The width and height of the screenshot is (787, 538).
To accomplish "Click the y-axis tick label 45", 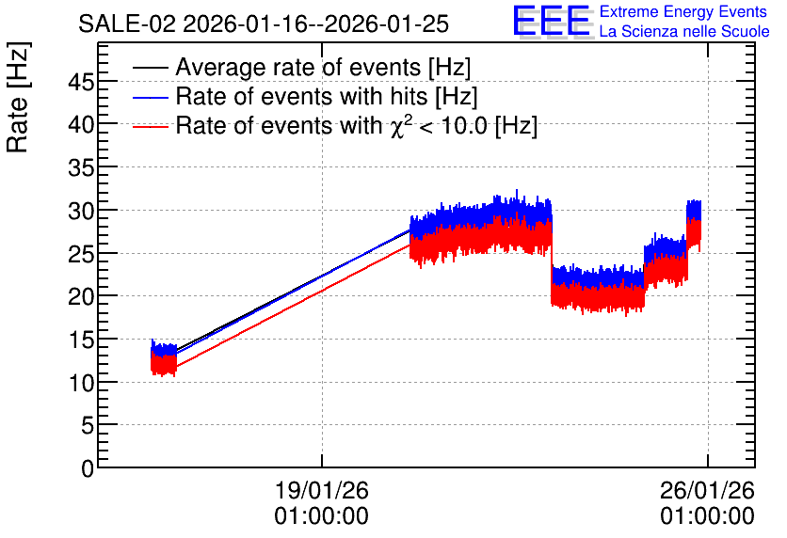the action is pos(81,82).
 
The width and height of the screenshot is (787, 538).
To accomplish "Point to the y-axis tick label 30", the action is pos(81,211).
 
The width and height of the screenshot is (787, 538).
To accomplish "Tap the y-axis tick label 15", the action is pos(81,340).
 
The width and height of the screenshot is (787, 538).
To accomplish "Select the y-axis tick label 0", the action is pos(88,468).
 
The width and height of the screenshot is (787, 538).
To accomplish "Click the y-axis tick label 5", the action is pos(88,426).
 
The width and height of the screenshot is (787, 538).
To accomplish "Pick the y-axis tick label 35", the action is pos(81,168).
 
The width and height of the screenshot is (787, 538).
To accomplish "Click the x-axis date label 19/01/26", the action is pos(322,490).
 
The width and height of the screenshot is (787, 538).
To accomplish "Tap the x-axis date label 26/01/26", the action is pos(707,490).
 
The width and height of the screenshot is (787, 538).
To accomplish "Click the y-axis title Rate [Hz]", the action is pos(18,97).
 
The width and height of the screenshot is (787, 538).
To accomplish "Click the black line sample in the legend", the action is pos(150,68).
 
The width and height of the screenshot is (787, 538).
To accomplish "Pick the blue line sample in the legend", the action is pos(150,97).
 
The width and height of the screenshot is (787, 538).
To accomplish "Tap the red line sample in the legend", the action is pos(150,126).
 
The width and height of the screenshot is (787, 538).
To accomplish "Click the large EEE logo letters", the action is pos(552,22).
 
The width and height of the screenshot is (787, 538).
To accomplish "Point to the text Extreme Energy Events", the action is pos(683,11).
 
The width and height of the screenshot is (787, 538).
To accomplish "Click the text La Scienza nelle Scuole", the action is pos(684,32).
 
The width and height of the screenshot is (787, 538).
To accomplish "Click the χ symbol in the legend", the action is pos(397,127).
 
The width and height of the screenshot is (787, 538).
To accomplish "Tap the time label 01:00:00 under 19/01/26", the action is pos(322,516).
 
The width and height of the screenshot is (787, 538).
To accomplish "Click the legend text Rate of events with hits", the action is pos(301,96).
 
